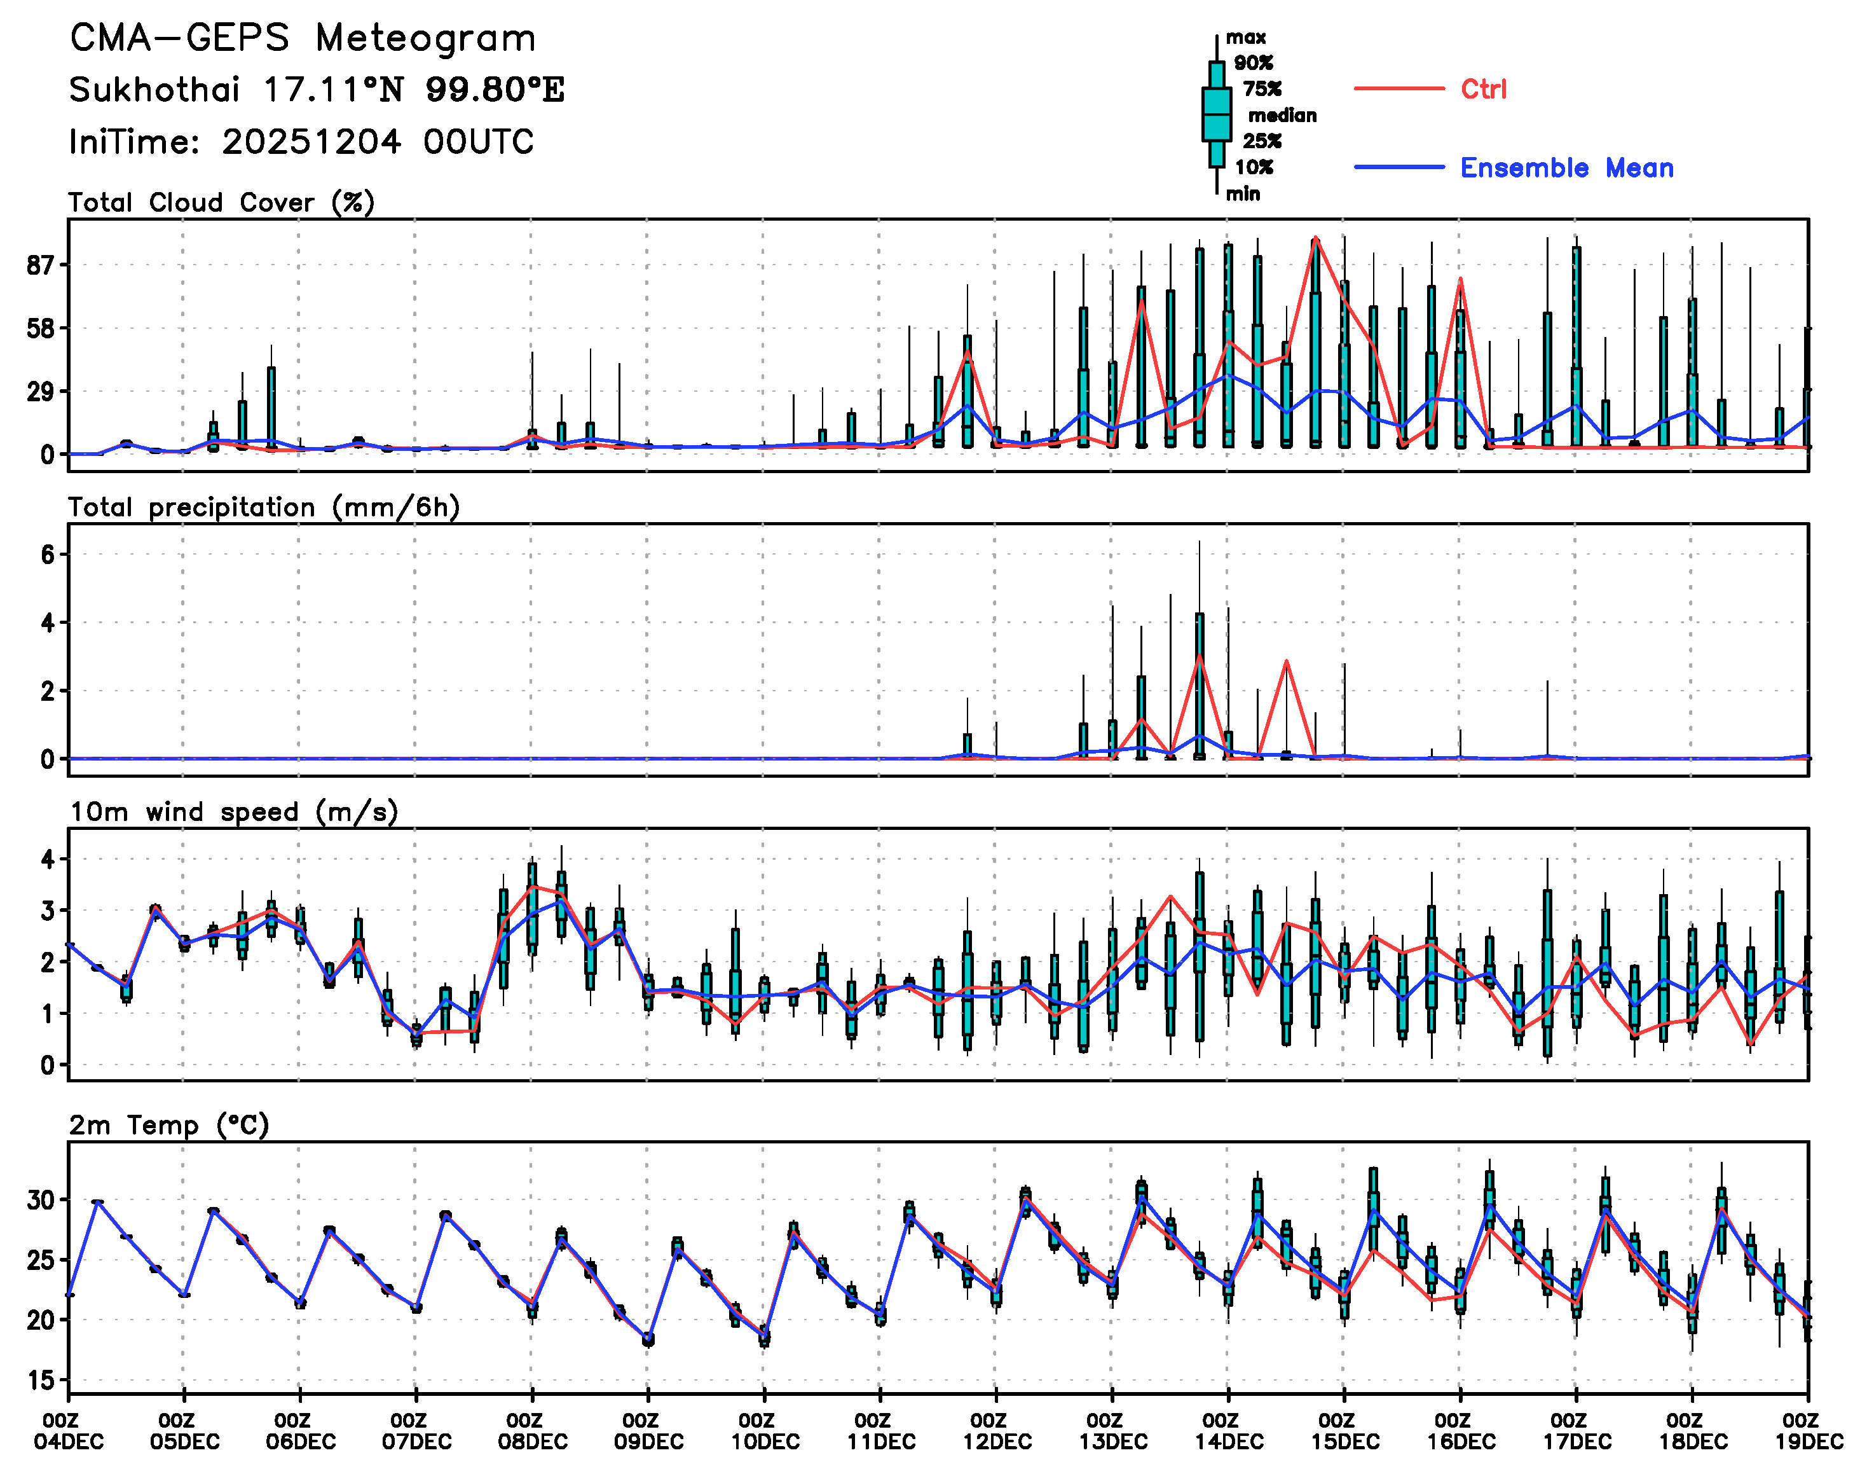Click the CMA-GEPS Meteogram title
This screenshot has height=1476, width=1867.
pos(303,39)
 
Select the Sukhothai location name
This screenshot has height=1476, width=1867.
pos(154,90)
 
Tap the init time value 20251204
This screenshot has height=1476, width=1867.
pos(311,142)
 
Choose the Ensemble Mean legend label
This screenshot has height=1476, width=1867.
pos(1566,168)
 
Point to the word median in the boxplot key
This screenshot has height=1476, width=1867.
pos(1282,116)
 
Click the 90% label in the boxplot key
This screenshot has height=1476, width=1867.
pos(1253,63)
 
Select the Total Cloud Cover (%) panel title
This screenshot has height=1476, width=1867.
pos(221,203)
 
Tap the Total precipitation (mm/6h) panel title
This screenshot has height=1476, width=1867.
pos(264,507)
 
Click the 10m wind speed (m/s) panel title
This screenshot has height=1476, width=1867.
pos(233,812)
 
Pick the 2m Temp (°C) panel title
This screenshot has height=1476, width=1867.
pos(169,1125)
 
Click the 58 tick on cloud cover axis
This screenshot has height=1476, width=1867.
pos(41,329)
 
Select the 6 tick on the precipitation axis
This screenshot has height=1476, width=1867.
pos(48,555)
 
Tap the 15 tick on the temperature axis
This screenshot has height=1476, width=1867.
pos(41,1380)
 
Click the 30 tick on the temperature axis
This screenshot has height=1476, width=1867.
pos(41,1201)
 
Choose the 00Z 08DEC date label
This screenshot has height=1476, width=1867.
pos(532,1432)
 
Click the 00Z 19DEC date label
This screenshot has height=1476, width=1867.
pos(1809,1432)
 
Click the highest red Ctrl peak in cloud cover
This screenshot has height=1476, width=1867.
pos(1315,238)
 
